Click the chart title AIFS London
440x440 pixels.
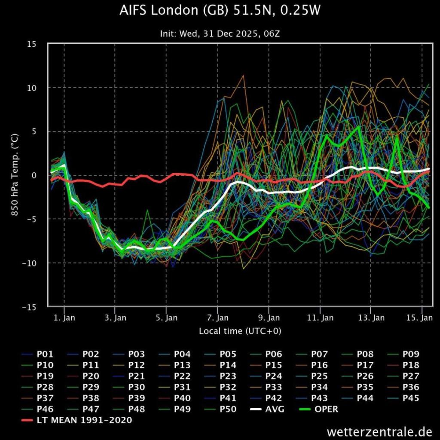[220, 11]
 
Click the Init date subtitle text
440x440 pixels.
[220, 34]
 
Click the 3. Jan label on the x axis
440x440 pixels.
[115, 318]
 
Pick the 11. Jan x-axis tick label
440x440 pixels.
[320, 318]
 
